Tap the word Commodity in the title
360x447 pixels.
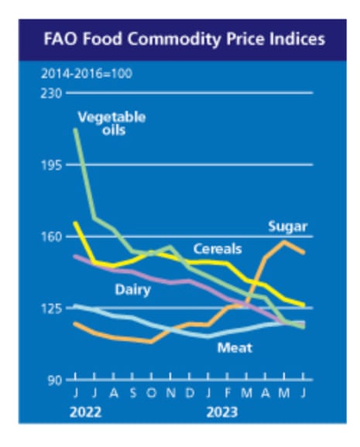click(178, 39)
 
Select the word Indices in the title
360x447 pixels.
click(297, 39)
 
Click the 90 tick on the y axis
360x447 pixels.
click(54, 380)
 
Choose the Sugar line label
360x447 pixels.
click(287, 227)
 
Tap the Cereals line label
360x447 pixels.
click(217, 249)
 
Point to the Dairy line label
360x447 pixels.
click(132, 291)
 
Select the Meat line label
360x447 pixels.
click(235, 347)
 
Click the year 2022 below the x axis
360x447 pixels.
click(86, 412)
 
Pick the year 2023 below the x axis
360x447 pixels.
click(221, 412)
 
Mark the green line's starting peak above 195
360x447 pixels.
click(75, 129)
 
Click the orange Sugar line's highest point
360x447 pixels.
click(284, 242)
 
